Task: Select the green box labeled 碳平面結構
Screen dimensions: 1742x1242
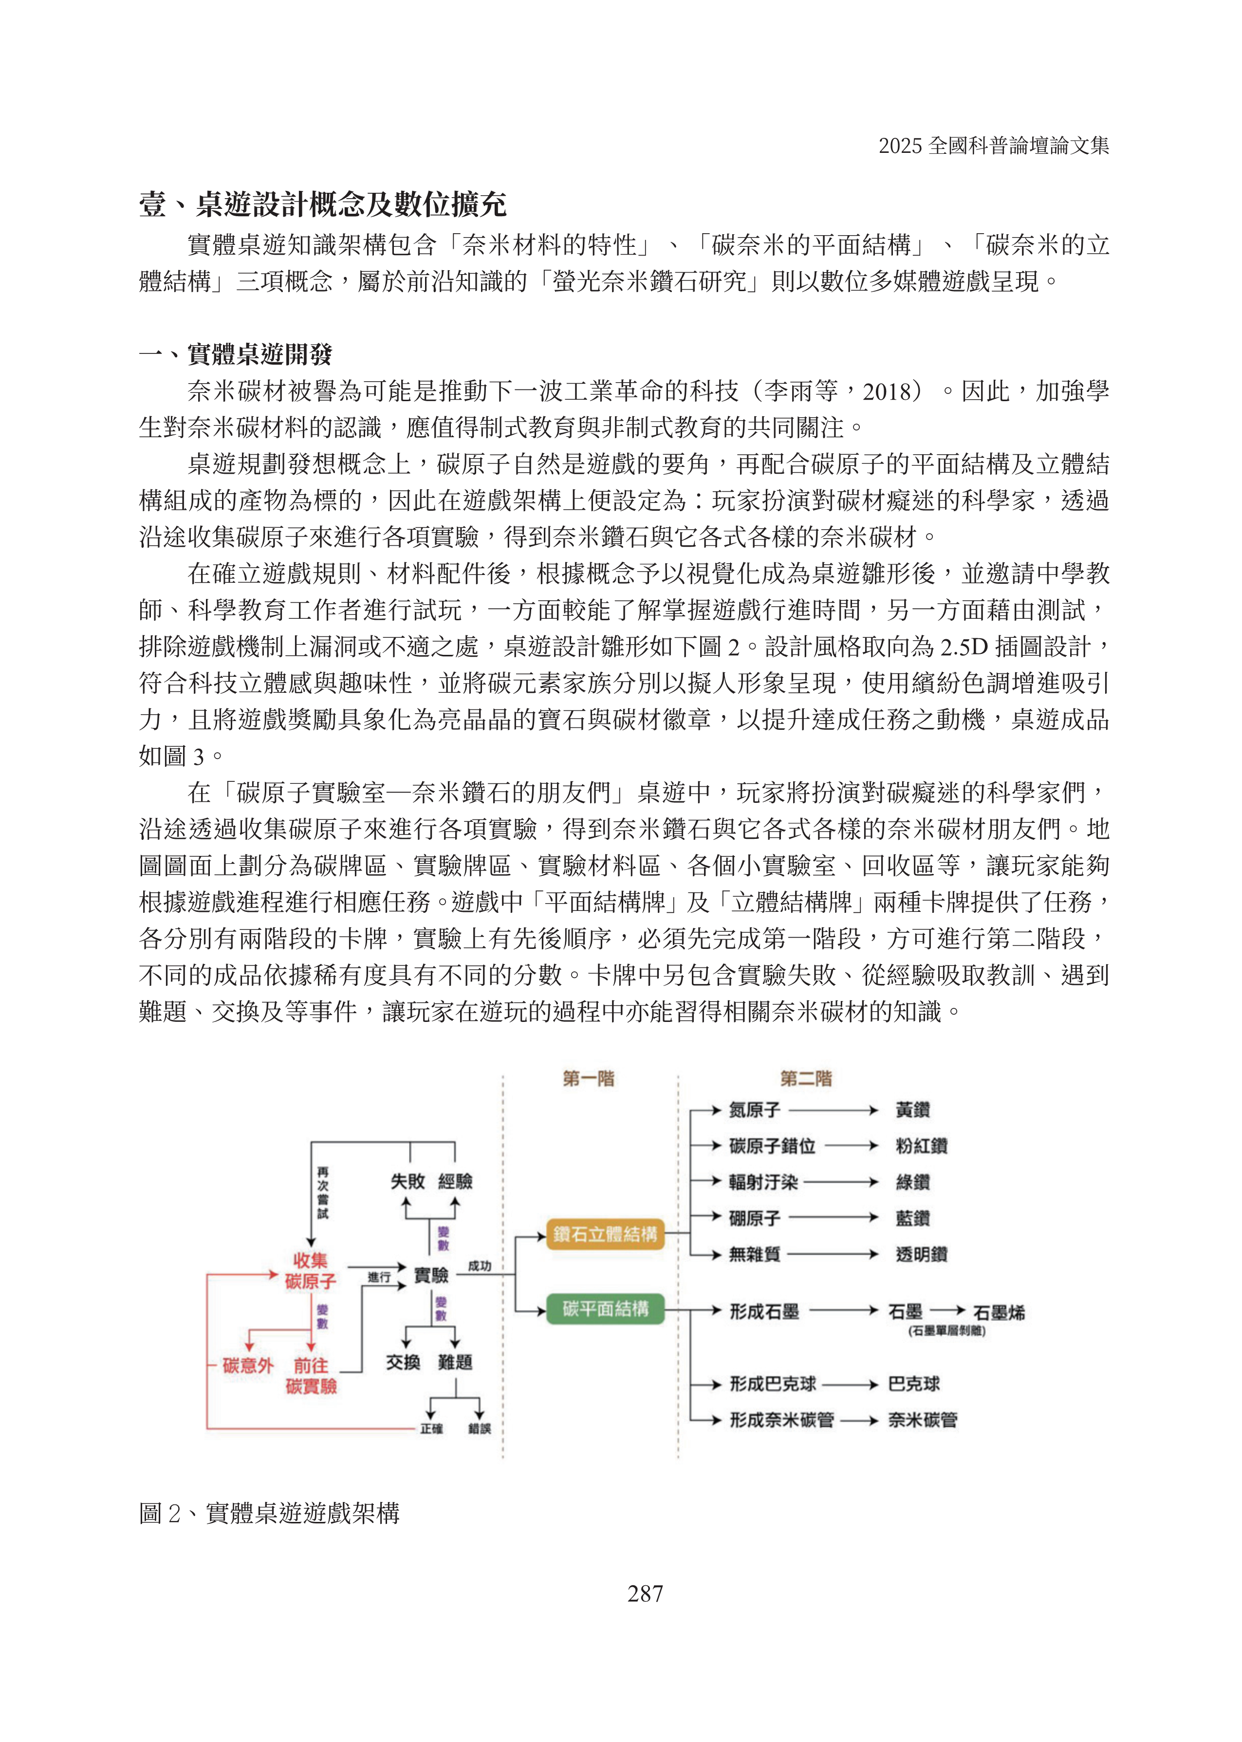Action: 605,1308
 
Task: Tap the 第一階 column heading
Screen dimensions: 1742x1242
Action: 588,1079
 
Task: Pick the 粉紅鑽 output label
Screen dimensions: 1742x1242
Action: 921,1146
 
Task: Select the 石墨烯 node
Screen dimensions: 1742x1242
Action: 999,1313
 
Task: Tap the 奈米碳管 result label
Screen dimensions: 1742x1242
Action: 922,1420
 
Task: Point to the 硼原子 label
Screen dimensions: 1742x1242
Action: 754,1218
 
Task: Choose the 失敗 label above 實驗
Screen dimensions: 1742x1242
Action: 407,1182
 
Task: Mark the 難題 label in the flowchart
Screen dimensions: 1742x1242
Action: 455,1362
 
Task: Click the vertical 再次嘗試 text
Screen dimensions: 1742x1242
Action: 323,1192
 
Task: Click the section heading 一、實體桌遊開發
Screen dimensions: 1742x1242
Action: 236,354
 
